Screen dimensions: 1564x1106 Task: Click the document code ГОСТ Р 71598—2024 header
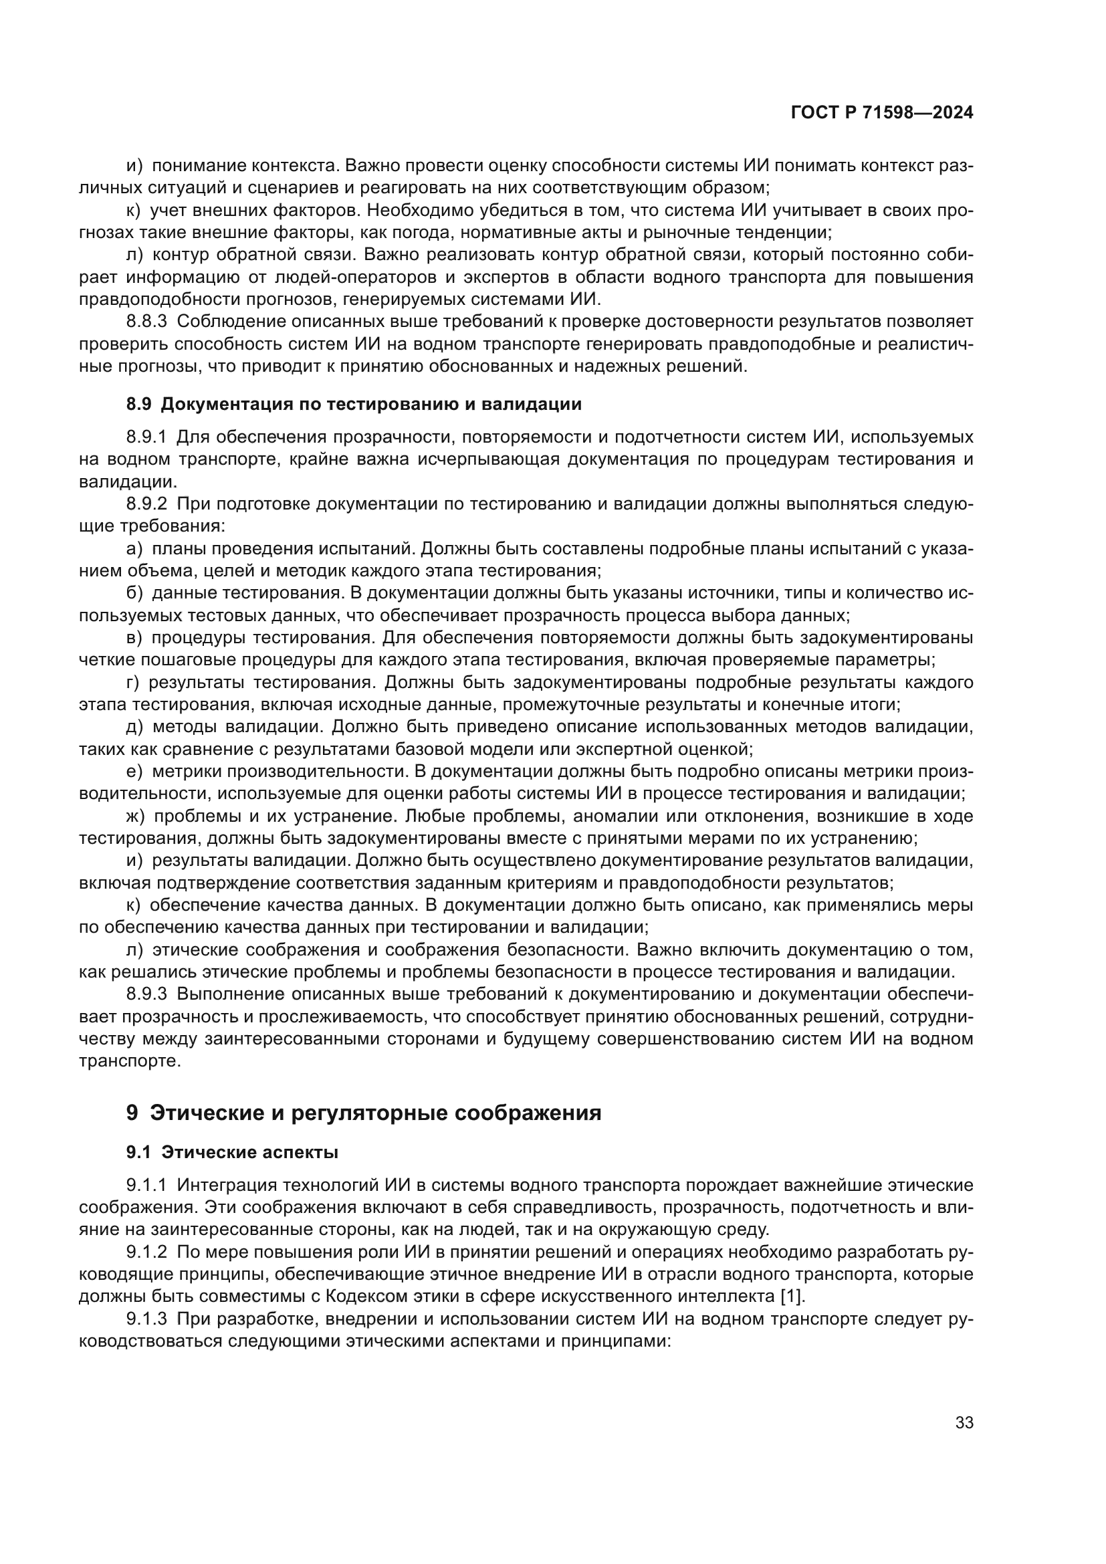(881, 113)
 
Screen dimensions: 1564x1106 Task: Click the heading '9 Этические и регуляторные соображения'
(364, 1113)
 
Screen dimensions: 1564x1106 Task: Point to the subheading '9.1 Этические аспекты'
(231, 1152)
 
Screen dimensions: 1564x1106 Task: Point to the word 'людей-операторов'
(354, 277)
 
